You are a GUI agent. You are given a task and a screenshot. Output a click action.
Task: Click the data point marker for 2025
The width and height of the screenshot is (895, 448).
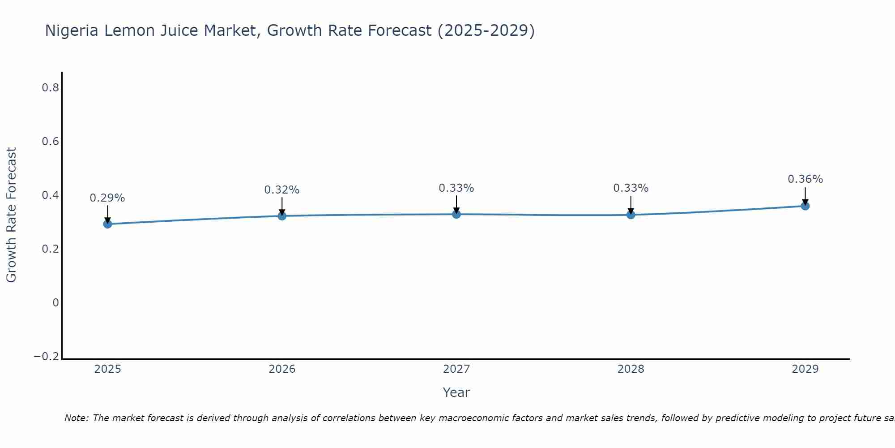pyautogui.click(x=107, y=224)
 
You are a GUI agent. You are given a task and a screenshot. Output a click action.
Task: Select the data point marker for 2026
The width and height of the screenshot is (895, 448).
pyautogui.click(x=282, y=216)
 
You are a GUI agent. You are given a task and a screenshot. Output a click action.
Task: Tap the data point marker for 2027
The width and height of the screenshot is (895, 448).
pyautogui.click(x=456, y=214)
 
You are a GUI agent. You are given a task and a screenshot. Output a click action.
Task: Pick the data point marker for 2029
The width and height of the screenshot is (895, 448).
pyautogui.click(x=805, y=206)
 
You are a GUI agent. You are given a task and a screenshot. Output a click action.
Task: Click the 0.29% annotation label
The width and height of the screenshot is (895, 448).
pyautogui.click(x=107, y=198)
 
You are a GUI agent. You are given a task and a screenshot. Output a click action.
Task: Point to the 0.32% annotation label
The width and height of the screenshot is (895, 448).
pyautogui.click(x=282, y=190)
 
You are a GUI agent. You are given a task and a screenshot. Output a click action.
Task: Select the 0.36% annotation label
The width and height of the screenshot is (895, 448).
pyautogui.click(x=805, y=179)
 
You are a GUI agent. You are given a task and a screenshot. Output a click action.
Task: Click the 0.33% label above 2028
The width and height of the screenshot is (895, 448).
pyautogui.click(x=631, y=188)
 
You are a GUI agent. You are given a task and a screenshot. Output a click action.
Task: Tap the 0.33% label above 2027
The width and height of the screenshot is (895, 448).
pyautogui.click(x=456, y=188)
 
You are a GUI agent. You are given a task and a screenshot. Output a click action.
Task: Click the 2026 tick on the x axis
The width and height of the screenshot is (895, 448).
pyautogui.click(x=282, y=369)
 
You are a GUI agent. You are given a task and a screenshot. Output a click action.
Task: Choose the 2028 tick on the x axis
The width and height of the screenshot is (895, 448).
pyautogui.click(x=631, y=369)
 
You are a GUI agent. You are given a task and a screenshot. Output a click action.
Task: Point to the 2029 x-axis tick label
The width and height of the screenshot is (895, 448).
pyautogui.click(x=805, y=369)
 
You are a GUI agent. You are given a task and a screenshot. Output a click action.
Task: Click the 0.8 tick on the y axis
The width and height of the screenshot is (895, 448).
pyautogui.click(x=50, y=88)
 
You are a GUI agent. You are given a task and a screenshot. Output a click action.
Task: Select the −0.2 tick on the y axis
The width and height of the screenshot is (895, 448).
pyautogui.click(x=47, y=357)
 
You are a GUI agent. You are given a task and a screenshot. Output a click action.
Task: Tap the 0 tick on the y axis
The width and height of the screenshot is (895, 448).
pyautogui.click(x=55, y=303)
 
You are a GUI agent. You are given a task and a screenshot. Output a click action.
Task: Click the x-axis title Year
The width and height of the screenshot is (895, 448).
pyautogui.click(x=456, y=392)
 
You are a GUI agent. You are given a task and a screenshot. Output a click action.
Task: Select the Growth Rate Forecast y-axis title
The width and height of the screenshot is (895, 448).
pyautogui.click(x=11, y=215)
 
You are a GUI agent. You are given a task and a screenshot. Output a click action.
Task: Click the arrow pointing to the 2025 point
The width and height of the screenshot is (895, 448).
pyautogui.click(x=107, y=213)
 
